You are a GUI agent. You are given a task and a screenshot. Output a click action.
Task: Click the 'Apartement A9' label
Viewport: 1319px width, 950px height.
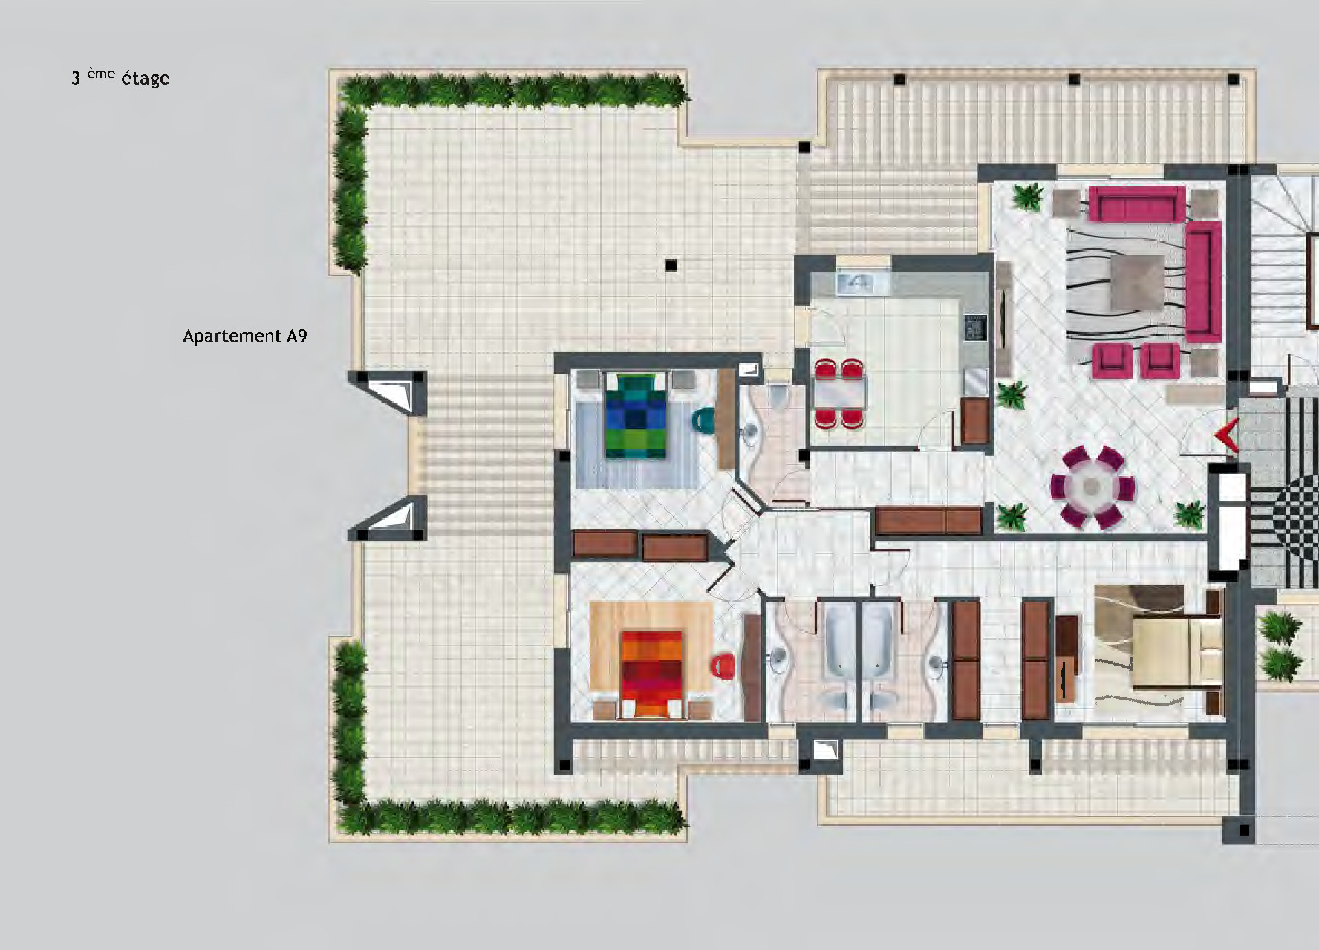click(244, 336)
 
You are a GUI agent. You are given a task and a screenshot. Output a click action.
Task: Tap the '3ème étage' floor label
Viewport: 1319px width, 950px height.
click(120, 77)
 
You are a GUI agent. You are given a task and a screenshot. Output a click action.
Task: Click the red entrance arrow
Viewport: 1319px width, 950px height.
click(1225, 435)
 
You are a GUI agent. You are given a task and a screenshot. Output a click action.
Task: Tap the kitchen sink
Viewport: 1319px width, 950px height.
click(857, 282)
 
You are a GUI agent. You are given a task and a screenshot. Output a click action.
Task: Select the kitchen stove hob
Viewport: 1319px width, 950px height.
click(975, 328)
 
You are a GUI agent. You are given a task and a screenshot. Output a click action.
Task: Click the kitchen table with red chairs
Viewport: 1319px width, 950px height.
click(840, 394)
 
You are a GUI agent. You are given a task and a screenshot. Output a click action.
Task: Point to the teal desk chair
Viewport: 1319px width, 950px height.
click(703, 421)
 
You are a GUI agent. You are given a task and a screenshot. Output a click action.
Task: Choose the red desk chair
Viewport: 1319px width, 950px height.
click(723, 666)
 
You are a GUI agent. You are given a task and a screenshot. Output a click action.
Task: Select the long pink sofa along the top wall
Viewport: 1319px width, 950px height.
click(1136, 204)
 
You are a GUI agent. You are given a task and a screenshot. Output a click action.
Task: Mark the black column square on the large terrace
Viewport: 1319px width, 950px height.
click(671, 264)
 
